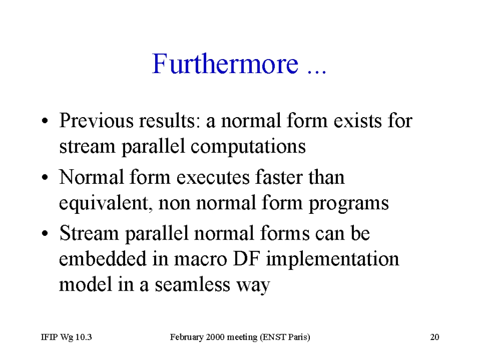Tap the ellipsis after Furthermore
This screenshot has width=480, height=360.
pos(317,72)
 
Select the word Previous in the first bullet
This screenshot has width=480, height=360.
pos(97,120)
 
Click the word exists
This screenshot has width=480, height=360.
pos(357,120)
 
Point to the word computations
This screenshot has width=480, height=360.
pos(248,147)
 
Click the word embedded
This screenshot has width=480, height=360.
pos(103,259)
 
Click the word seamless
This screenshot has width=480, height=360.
pos(192,285)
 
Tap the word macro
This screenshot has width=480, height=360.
pos(201,260)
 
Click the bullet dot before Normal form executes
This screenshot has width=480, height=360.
pos(45,177)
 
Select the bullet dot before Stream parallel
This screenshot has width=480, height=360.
pos(45,233)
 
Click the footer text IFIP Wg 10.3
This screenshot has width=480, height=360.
pos(67,337)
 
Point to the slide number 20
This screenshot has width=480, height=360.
pos(435,337)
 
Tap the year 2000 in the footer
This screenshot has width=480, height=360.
pos(216,337)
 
